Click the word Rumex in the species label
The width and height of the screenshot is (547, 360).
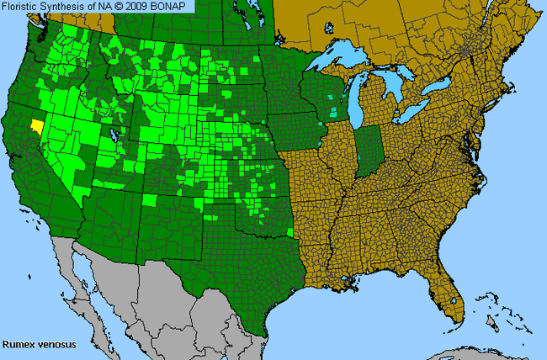click(x=18, y=344)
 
